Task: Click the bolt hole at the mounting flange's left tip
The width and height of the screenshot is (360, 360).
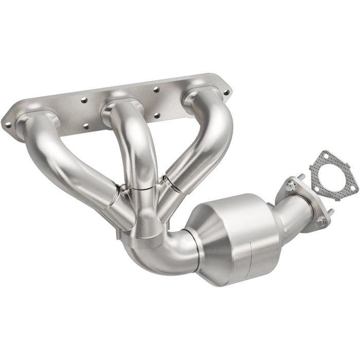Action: coord(7,124)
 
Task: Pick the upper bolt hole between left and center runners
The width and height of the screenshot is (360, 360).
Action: coord(84,100)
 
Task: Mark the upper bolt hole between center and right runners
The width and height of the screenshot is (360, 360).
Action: coord(156,89)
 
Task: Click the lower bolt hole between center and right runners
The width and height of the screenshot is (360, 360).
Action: coord(157,116)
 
